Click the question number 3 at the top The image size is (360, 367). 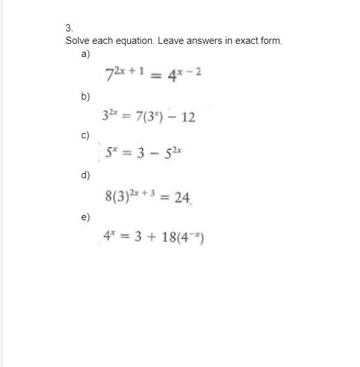[68, 28]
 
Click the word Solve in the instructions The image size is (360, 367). [77, 41]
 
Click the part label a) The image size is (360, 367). [85, 54]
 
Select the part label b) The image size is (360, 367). [85, 96]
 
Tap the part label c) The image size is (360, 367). [85, 136]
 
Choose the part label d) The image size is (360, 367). [85, 175]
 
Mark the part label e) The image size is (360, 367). [85, 216]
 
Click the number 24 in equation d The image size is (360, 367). [181, 197]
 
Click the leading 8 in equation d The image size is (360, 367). [108, 197]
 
